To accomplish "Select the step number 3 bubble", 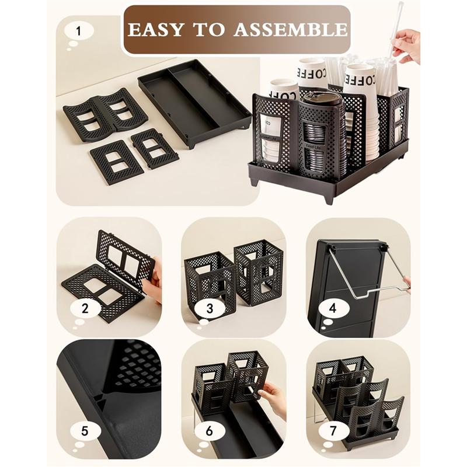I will [x=208, y=308].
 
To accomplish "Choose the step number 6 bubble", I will [x=208, y=432].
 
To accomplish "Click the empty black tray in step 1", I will [x=194, y=102].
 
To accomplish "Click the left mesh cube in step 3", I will [x=209, y=278].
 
